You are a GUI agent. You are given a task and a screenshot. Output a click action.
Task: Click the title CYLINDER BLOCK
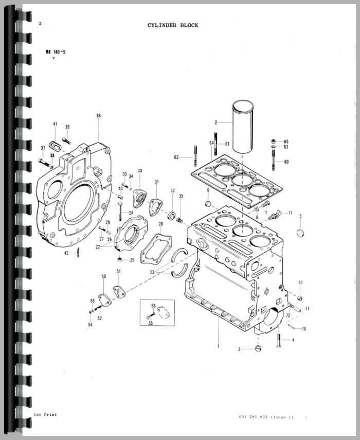(173, 25)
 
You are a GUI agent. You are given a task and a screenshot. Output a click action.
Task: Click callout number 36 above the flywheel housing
(98, 116)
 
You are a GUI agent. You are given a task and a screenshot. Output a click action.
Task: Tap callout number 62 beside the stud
(176, 157)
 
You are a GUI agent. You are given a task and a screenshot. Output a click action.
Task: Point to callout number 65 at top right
(286, 142)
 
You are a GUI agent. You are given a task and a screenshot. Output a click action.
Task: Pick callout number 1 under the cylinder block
(218, 346)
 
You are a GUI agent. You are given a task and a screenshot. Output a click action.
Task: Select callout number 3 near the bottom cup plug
(239, 349)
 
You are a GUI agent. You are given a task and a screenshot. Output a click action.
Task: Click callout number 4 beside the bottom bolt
(293, 340)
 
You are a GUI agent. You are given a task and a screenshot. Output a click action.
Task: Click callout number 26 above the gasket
(160, 224)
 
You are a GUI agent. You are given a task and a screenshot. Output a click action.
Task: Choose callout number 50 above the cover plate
(103, 277)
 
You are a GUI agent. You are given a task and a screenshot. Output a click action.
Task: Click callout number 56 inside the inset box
(153, 306)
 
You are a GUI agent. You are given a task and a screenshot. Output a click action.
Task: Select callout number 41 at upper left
(55, 125)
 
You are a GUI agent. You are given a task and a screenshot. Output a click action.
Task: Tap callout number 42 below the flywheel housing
(66, 253)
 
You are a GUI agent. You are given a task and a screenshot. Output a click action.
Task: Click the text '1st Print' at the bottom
(45, 414)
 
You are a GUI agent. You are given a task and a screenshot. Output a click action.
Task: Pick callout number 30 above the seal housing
(139, 171)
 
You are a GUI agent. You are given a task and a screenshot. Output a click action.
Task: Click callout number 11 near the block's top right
(290, 213)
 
